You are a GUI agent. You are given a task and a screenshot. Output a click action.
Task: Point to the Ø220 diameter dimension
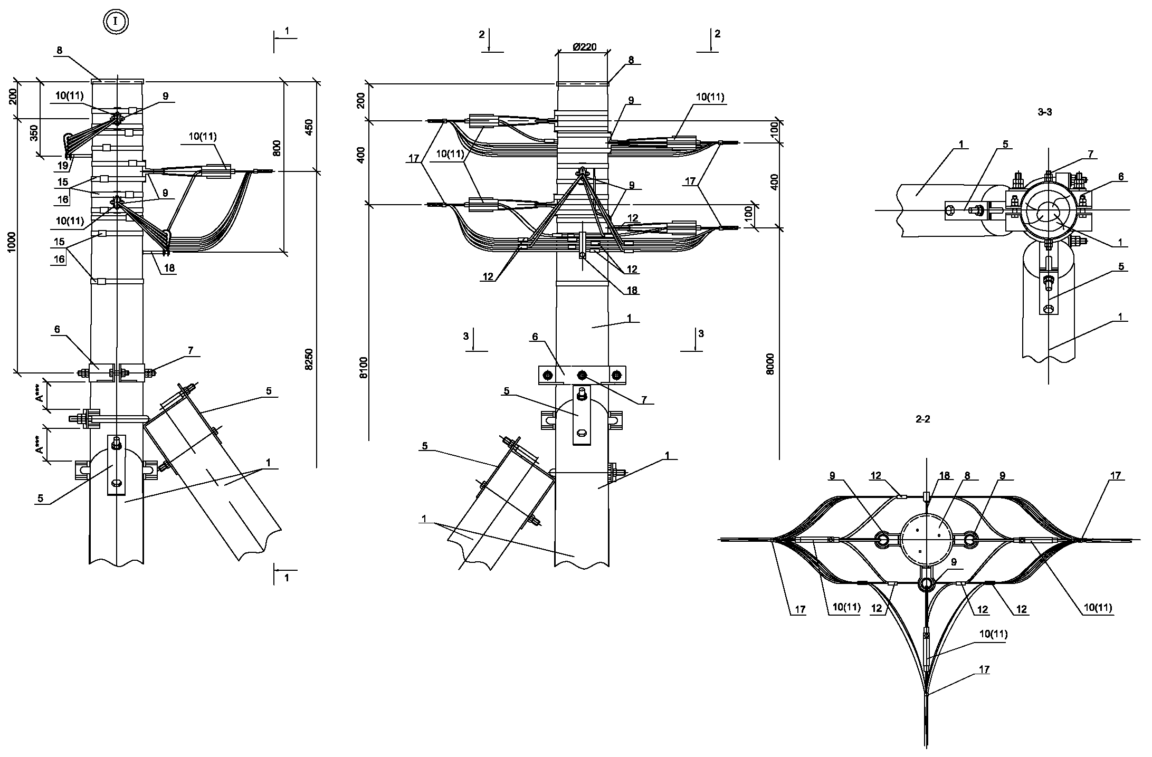584,47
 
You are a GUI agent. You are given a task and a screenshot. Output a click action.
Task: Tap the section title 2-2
922,419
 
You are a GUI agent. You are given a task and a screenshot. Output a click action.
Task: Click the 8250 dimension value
309,359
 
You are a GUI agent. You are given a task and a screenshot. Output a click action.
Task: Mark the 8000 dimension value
770,363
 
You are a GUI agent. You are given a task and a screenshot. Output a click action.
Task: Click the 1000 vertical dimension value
13,243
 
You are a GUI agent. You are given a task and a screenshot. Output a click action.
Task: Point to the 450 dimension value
309,127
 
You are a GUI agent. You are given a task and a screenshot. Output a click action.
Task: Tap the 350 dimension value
34,133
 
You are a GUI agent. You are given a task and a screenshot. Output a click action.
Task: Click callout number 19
62,166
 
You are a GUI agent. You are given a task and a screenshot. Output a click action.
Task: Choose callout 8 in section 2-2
967,476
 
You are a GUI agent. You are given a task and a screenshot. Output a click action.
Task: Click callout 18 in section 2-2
944,476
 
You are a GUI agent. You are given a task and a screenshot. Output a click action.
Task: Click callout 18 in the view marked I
169,269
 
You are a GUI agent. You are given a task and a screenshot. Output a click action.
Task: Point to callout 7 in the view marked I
190,351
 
